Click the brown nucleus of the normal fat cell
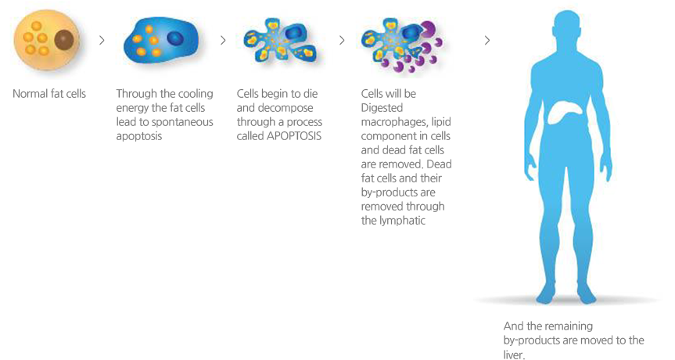[63, 40]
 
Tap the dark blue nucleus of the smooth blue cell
[174, 38]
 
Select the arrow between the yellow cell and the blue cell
[102, 40]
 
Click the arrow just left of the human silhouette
[487, 40]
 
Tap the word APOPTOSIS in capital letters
[294, 136]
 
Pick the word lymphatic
[400, 221]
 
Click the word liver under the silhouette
[514, 355]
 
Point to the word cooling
[196, 94]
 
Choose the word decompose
[285, 108]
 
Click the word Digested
[382, 108]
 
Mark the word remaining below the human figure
[569, 326]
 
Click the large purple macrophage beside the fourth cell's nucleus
[429, 29]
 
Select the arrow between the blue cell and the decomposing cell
[223, 40]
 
